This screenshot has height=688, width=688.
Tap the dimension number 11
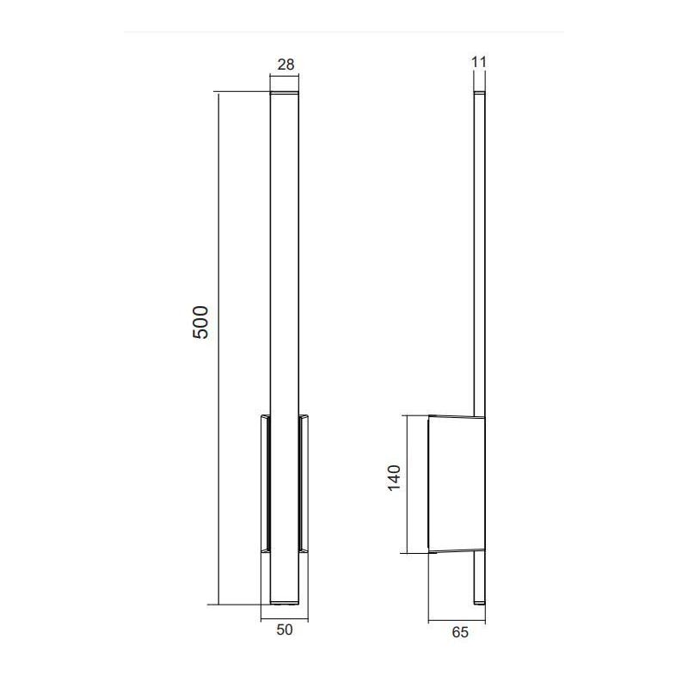tap(480, 61)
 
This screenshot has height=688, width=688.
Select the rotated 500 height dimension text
tap(200, 322)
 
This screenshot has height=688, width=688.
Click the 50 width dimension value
tap(285, 630)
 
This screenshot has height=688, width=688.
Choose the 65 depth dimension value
tap(459, 632)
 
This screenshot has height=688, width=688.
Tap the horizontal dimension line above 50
tap(285, 617)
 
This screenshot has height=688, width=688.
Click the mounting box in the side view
tap(456, 483)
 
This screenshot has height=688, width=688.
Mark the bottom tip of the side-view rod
tap(480, 601)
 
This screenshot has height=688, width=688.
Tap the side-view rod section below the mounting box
tap(480, 576)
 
